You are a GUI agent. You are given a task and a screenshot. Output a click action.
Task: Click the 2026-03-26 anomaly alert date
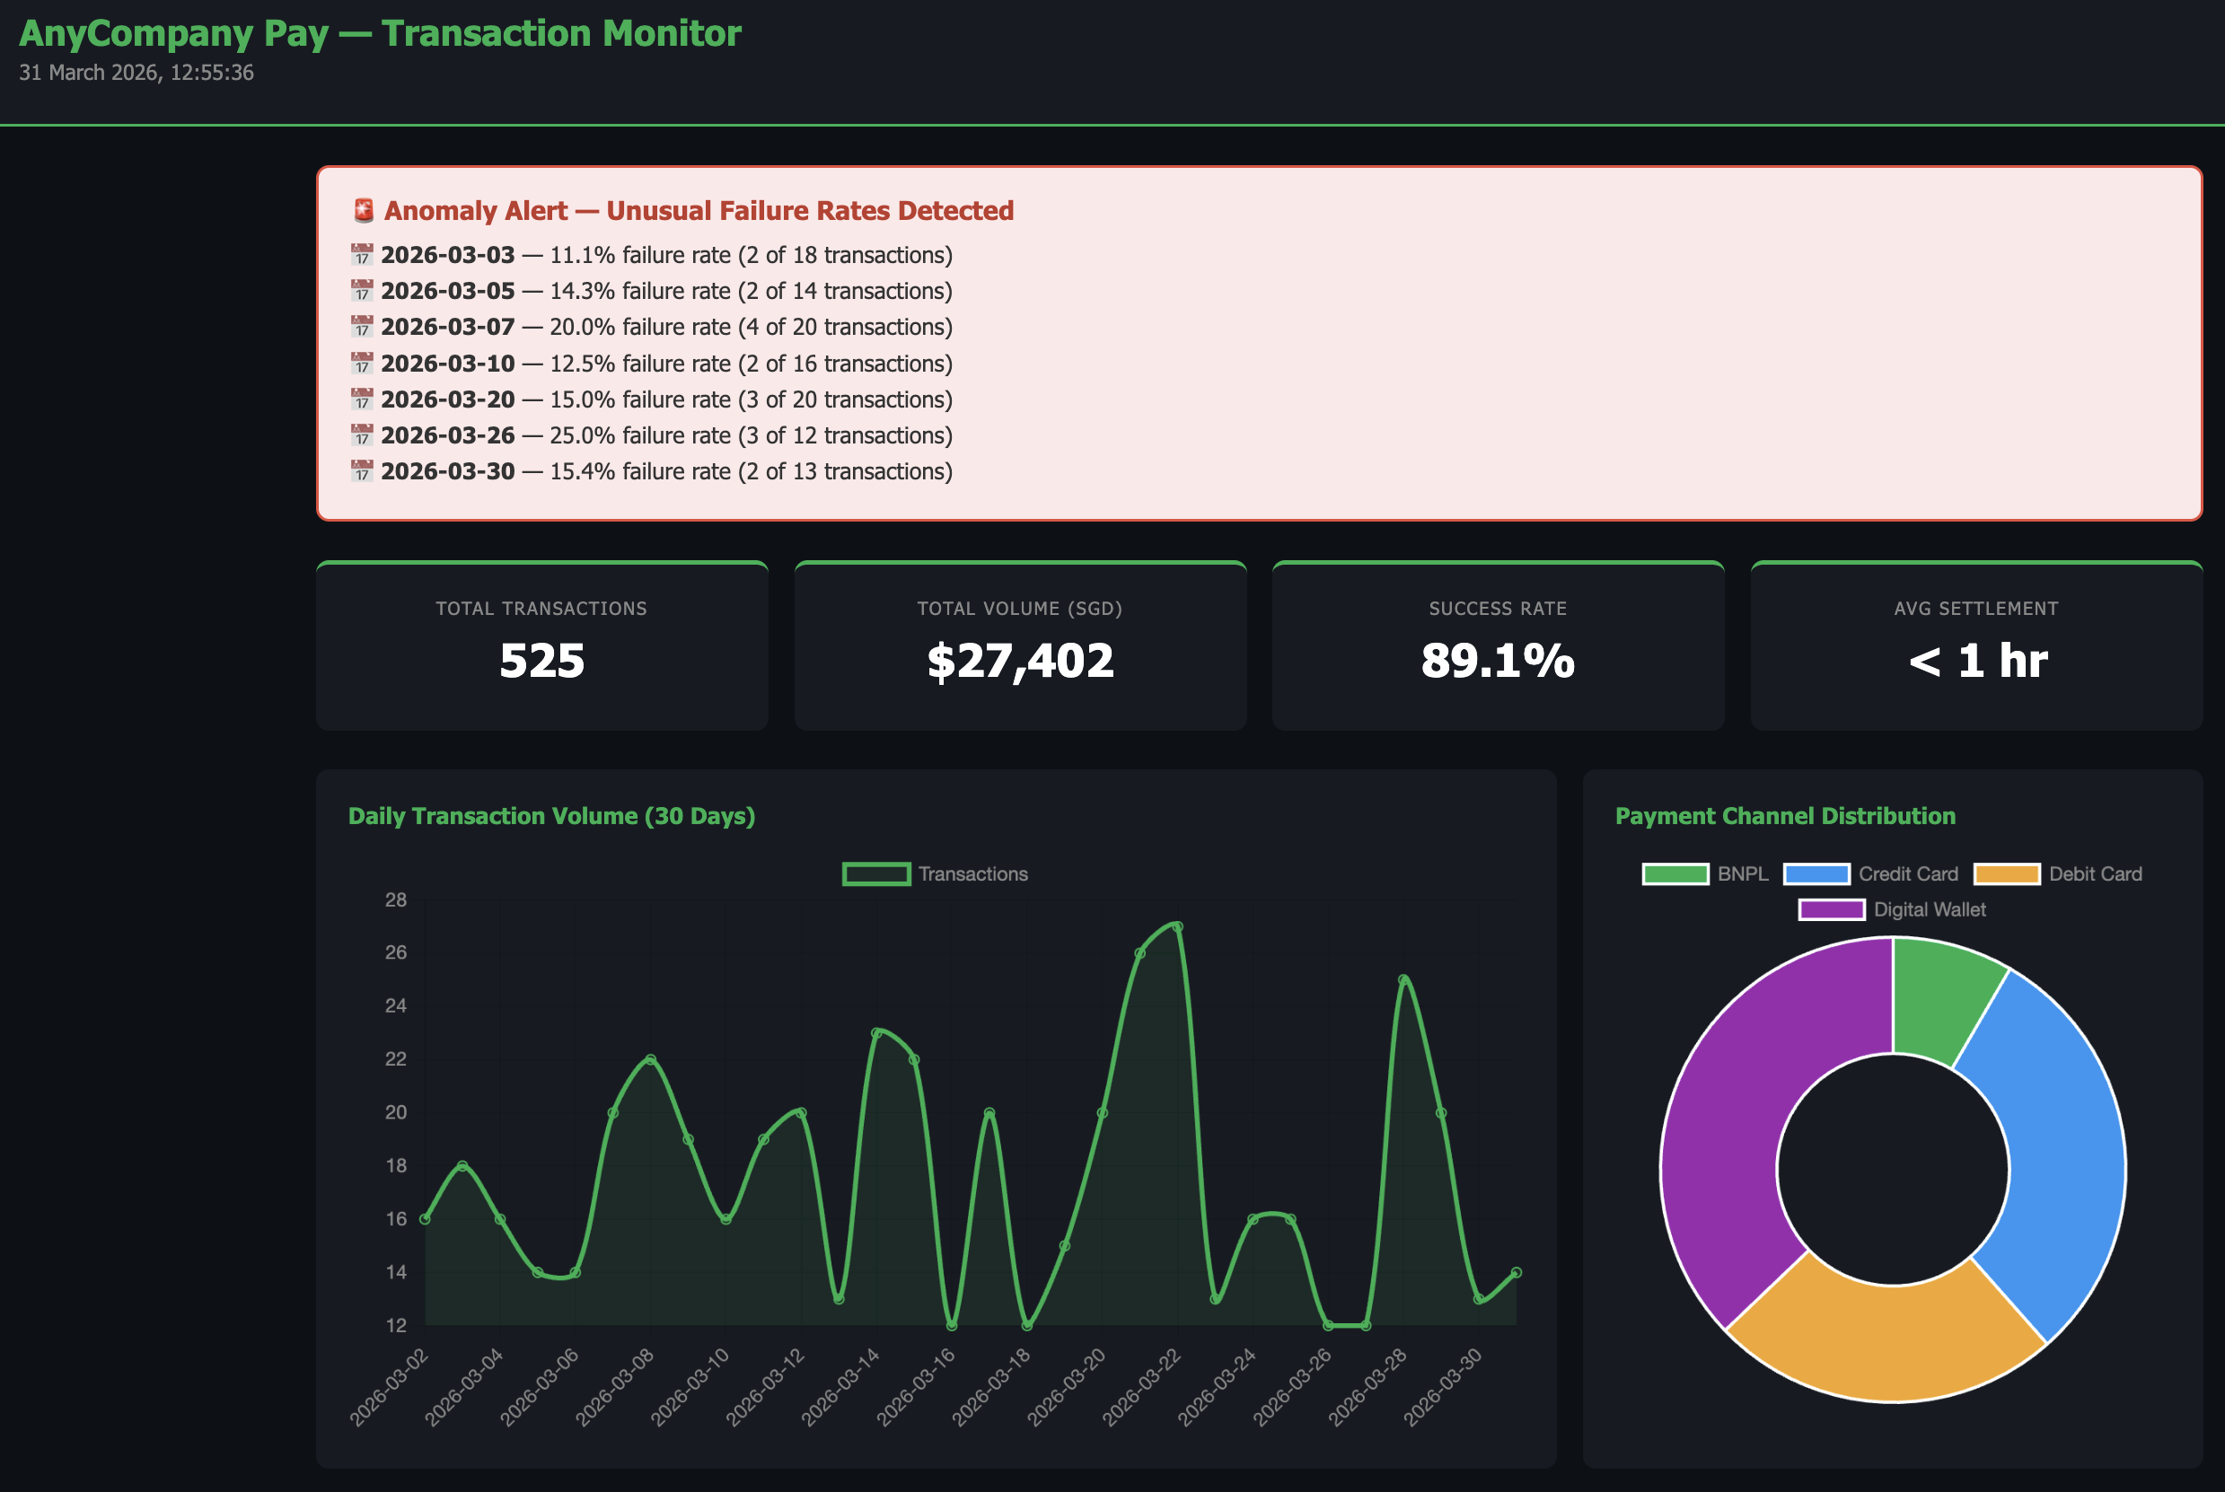[x=447, y=435]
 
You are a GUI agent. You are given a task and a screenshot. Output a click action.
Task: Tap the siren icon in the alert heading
[x=364, y=210]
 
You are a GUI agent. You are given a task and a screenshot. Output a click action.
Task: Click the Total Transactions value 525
[x=541, y=661]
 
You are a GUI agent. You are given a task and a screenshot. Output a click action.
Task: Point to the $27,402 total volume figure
[x=1020, y=661]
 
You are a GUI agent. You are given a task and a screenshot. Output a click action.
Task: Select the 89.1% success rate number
[x=1498, y=661]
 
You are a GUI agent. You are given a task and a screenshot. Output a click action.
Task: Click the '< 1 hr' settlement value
[x=1976, y=661]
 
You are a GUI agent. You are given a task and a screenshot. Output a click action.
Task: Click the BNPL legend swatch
[x=1675, y=873]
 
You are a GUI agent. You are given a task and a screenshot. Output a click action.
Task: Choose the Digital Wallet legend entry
[x=1928, y=909]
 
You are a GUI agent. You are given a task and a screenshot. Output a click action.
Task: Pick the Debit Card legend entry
[x=2094, y=873]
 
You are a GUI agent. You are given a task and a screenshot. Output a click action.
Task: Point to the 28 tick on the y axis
[x=396, y=900]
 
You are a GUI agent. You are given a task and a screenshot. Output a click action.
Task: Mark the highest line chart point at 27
[x=1177, y=926]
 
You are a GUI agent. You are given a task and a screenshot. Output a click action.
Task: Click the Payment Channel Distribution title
[x=1785, y=816]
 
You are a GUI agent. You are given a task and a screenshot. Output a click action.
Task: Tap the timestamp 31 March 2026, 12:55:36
[x=136, y=73]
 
